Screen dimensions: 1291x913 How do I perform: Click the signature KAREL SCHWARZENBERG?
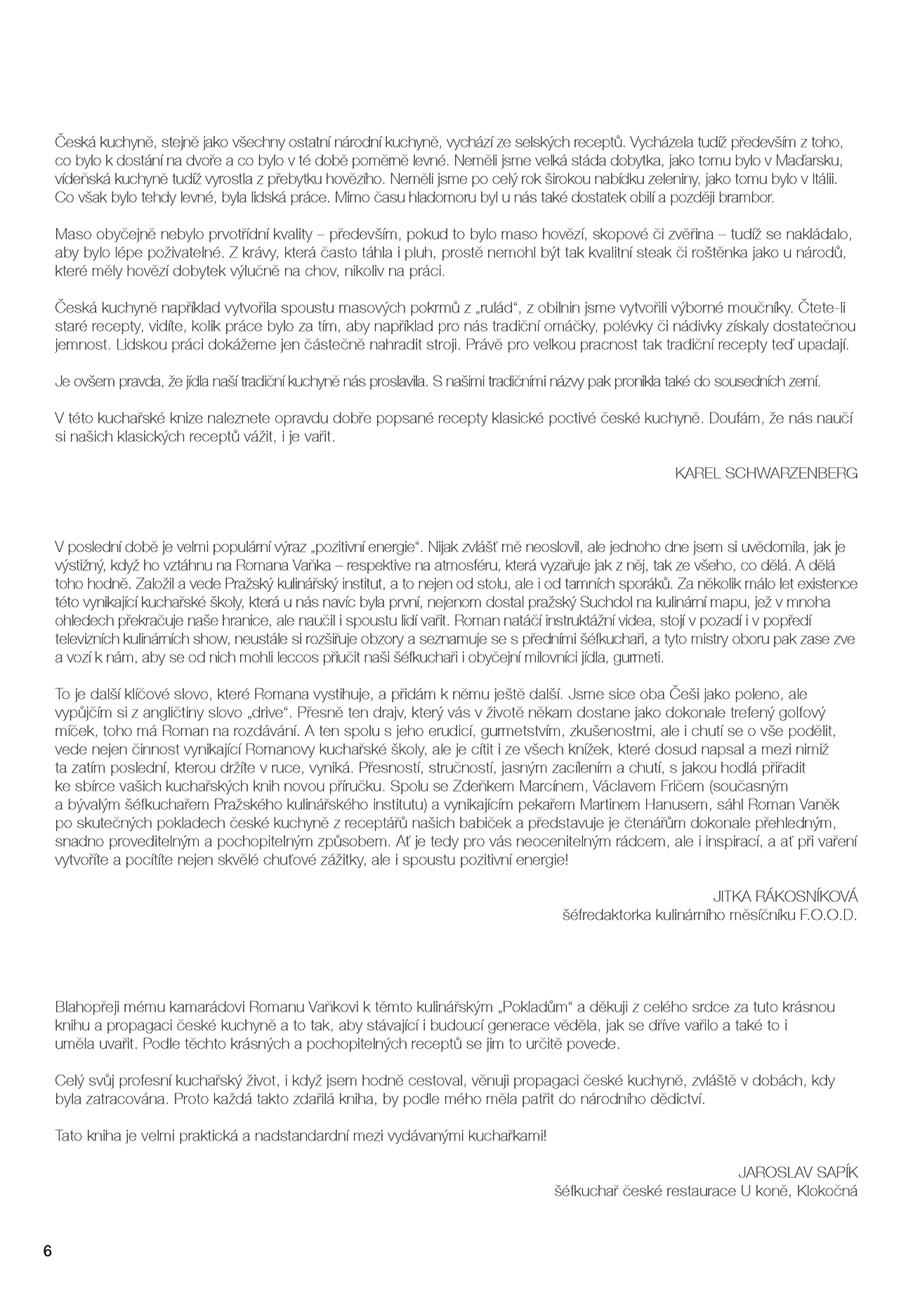tap(766, 473)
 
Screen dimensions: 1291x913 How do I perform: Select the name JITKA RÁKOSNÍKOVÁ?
tap(785, 897)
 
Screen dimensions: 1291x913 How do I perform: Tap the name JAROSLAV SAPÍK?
tap(798, 1172)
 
